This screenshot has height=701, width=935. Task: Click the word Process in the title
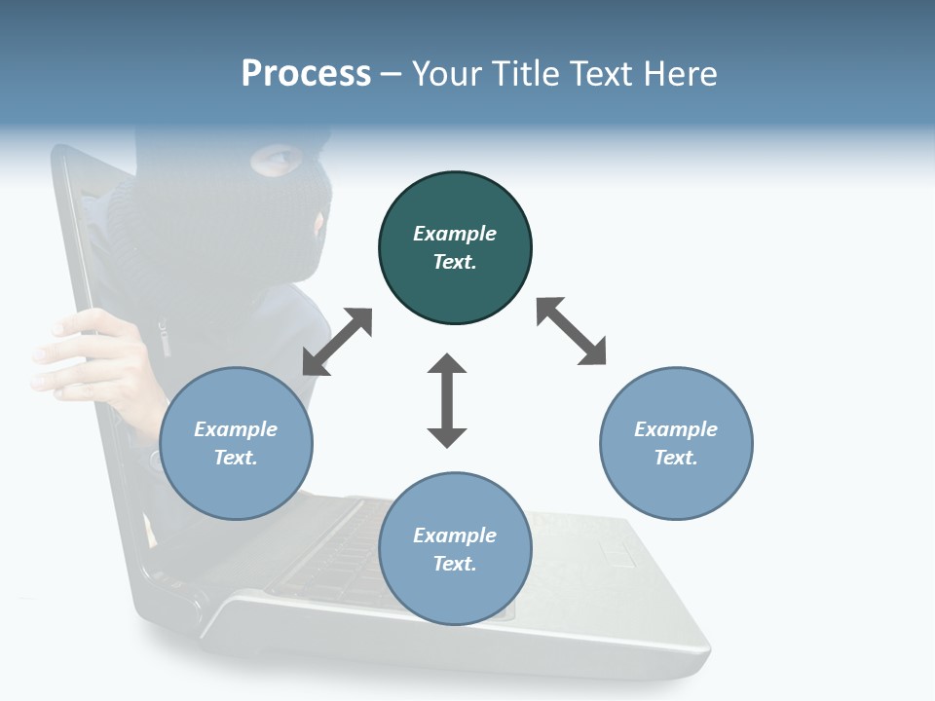coord(306,74)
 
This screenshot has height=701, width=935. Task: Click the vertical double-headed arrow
coord(447,400)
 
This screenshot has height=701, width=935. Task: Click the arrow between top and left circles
coord(337,342)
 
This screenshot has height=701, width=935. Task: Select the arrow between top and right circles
coord(572,331)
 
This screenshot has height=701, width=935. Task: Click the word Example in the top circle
coord(455,234)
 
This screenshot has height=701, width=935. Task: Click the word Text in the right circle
coord(676,458)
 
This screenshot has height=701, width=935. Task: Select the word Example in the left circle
coord(236,429)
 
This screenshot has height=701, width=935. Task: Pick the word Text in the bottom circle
coord(455,564)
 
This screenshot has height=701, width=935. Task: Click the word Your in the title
coord(443,74)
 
